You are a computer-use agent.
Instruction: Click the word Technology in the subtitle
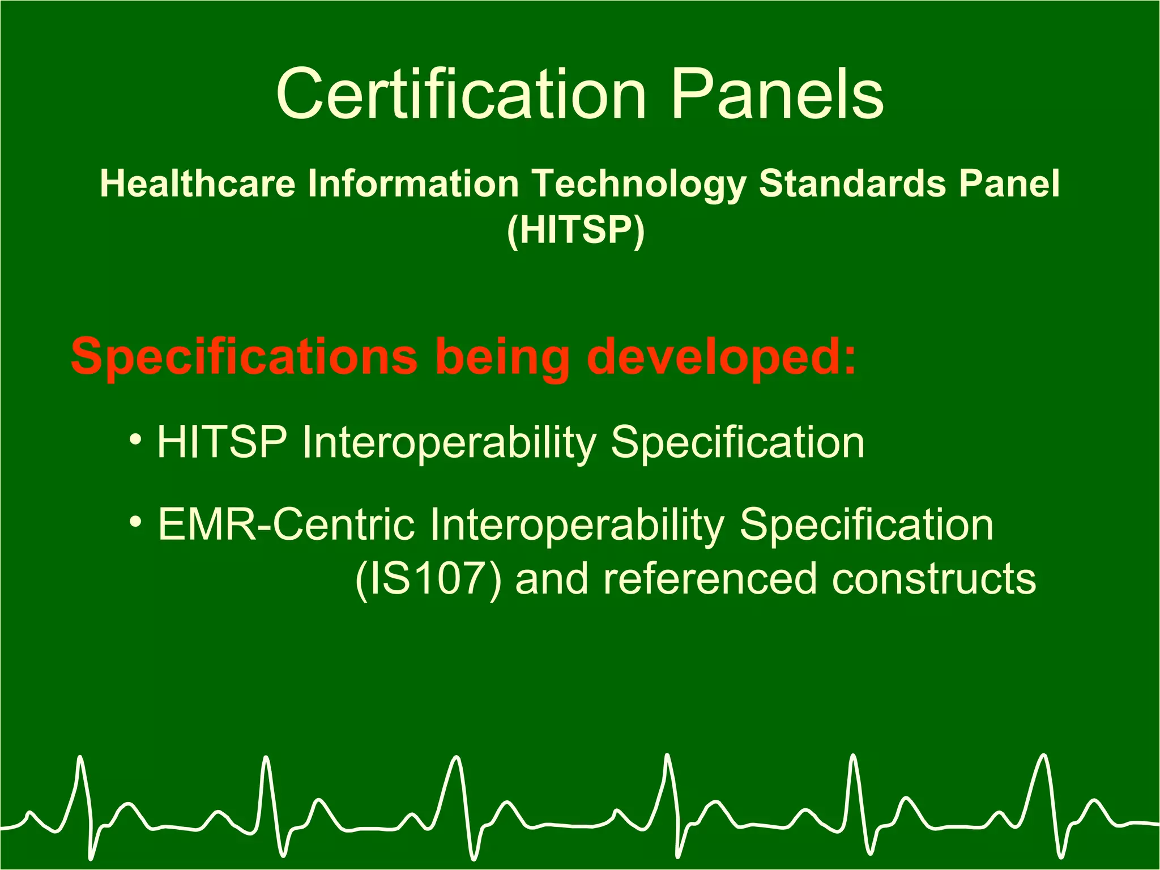639,185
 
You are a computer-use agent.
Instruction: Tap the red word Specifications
244,357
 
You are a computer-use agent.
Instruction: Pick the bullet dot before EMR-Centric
135,522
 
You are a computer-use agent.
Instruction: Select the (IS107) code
428,579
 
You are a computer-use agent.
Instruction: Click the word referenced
710,579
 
